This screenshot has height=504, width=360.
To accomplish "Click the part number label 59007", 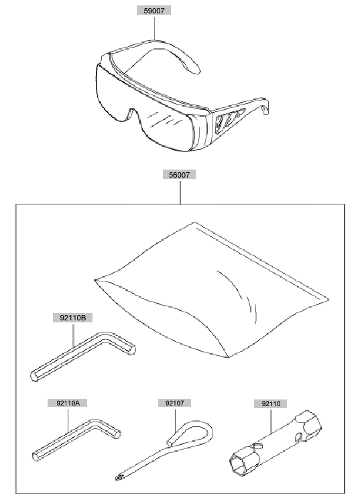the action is click(154, 11).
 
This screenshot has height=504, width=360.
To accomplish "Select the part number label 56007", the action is click(180, 175).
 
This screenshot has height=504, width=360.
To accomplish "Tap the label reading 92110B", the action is click(73, 318).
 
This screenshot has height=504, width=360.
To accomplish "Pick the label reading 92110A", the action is click(68, 403).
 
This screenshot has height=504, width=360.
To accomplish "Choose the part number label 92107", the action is click(174, 403).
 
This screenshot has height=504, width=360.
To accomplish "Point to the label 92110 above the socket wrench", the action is click(271, 403).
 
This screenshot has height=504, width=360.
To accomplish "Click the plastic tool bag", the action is click(212, 290).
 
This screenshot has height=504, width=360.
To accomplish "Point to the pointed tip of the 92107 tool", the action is click(117, 478).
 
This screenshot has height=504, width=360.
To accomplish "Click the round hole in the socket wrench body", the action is click(298, 436).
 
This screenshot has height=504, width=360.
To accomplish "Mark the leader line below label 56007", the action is click(180, 192).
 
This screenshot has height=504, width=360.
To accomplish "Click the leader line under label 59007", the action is click(155, 27).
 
